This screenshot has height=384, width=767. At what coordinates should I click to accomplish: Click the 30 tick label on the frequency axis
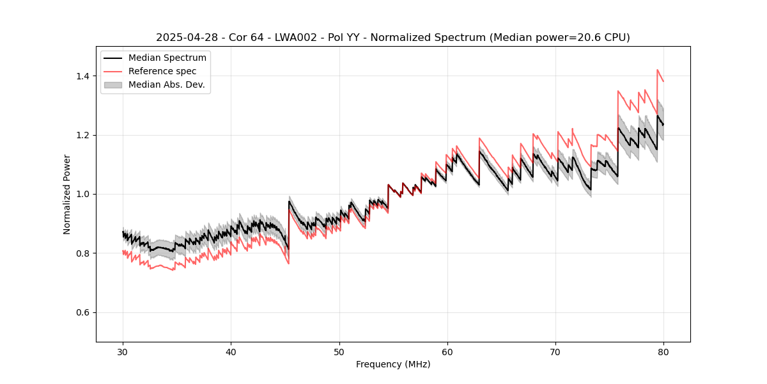[123, 351]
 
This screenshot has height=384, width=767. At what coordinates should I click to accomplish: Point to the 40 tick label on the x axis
[231, 351]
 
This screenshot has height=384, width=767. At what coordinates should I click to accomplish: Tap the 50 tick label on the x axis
[339, 351]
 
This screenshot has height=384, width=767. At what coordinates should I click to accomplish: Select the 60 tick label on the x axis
[447, 351]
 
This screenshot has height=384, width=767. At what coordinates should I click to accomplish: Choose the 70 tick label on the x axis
[555, 351]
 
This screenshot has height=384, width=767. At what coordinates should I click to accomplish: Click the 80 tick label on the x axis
[663, 351]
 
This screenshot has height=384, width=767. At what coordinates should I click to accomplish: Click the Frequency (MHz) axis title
[393, 364]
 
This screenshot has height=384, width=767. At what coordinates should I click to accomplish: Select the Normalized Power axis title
[67, 194]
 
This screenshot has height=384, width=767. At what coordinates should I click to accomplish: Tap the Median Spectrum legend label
[167, 58]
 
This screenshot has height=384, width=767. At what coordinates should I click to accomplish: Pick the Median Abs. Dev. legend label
[166, 84]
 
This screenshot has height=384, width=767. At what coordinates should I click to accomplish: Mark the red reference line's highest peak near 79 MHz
[657, 70]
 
